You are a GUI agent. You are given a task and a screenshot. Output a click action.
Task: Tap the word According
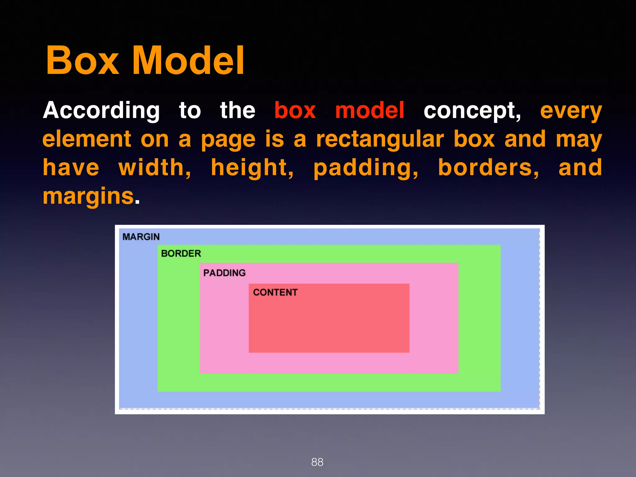(101, 111)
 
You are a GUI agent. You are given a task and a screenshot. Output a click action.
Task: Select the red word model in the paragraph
(370, 111)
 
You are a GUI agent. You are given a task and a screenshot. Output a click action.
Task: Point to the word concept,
(472, 111)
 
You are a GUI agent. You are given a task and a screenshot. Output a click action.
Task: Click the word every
(571, 111)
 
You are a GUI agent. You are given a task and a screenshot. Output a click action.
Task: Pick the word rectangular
(380, 139)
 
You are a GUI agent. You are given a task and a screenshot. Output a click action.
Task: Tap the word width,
(155, 168)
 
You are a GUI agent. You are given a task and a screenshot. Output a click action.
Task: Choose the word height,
(252, 168)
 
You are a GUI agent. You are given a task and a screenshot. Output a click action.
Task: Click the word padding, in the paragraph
(366, 168)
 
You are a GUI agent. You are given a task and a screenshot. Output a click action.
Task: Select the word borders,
(488, 168)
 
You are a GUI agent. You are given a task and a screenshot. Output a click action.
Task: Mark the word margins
(89, 197)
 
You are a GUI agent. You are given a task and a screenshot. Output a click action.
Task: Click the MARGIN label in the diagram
(141, 237)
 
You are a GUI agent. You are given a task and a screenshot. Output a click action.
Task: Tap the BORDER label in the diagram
(181, 253)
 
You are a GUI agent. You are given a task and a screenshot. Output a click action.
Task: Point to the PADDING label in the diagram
(224, 273)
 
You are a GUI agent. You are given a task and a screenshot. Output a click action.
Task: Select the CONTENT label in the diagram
(275, 292)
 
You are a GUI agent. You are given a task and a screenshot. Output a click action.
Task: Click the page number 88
(317, 462)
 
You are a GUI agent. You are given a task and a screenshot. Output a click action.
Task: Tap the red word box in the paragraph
(295, 111)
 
